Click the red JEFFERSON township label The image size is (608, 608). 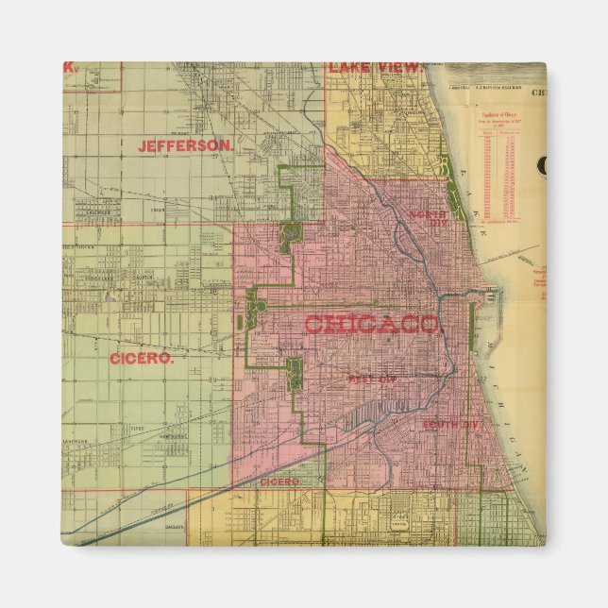coord(185,146)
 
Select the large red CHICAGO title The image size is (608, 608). coord(372,325)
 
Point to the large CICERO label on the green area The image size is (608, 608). coord(142,359)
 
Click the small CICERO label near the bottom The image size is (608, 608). coord(279,481)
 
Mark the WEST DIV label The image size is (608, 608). coord(368,379)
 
